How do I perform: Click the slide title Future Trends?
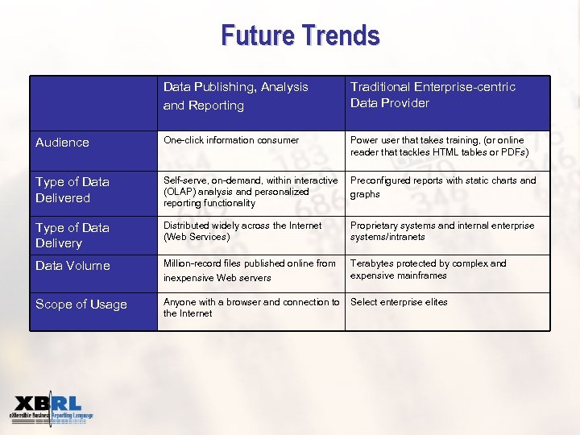tap(300, 35)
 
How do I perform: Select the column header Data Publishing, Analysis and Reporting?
tap(235, 96)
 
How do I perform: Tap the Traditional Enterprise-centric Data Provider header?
tap(433, 94)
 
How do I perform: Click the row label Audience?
tap(62, 143)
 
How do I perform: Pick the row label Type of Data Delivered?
tap(72, 190)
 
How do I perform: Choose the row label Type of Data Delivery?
tap(72, 235)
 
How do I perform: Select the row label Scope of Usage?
tap(81, 304)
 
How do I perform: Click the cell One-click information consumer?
tap(231, 140)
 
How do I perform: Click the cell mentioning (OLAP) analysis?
tap(251, 192)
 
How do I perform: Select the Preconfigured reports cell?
tap(442, 187)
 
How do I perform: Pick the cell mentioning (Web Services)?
tap(242, 231)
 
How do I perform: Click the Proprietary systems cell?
tap(441, 231)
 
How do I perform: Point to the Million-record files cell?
tap(249, 271)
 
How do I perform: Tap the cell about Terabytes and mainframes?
tap(428, 269)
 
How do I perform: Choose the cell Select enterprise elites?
tap(399, 302)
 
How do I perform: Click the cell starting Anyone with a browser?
tap(251, 308)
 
